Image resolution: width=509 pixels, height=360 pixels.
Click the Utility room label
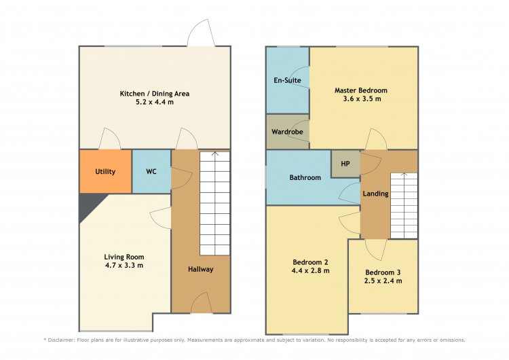(x=105, y=172)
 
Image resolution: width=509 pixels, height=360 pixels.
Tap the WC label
(x=151, y=171)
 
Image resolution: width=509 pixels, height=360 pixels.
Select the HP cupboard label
(x=345, y=164)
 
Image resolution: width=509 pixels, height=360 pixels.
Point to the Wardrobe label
(x=287, y=132)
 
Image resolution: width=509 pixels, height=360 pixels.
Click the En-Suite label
(x=287, y=80)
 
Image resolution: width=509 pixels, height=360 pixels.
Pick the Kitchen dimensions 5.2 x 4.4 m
(x=155, y=102)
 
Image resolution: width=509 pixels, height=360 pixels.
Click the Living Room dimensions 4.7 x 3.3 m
(x=124, y=265)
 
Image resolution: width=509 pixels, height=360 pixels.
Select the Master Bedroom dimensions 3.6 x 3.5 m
(x=362, y=98)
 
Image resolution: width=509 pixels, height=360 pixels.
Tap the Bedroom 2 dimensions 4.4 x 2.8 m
(x=311, y=270)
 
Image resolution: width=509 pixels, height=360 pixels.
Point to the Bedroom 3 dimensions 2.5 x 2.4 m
(x=383, y=281)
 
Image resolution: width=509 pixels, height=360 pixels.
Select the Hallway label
(x=201, y=269)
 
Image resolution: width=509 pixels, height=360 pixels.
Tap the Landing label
(x=375, y=194)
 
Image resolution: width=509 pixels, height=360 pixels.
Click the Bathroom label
(x=305, y=177)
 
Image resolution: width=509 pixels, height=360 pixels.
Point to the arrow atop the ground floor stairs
(x=215, y=154)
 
